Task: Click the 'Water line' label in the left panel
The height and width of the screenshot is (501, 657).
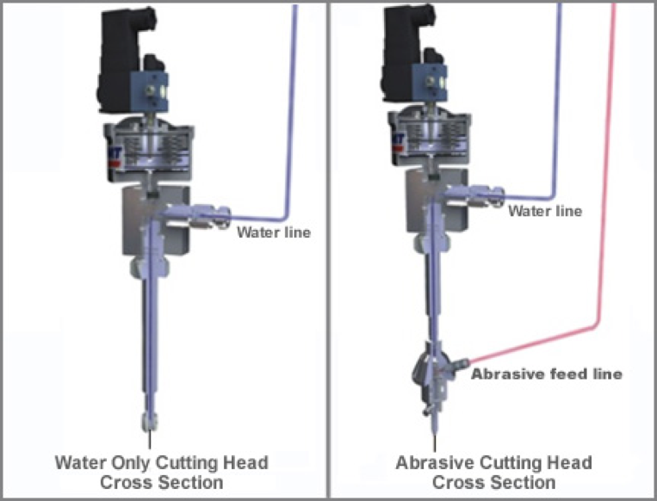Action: pyautogui.click(x=274, y=232)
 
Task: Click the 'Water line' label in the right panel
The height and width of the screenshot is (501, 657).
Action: pyautogui.click(x=545, y=211)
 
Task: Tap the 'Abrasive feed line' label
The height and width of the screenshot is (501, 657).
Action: pyautogui.click(x=547, y=374)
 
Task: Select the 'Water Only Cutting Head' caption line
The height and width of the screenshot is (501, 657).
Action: pyautogui.click(x=161, y=462)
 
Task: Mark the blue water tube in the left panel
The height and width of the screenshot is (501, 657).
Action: pyautogui.click(x=287, y=129)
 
